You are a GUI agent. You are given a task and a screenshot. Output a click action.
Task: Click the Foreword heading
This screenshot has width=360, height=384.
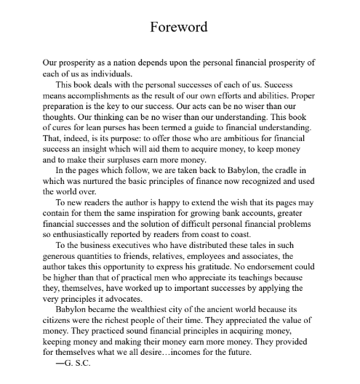click(179, 28)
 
